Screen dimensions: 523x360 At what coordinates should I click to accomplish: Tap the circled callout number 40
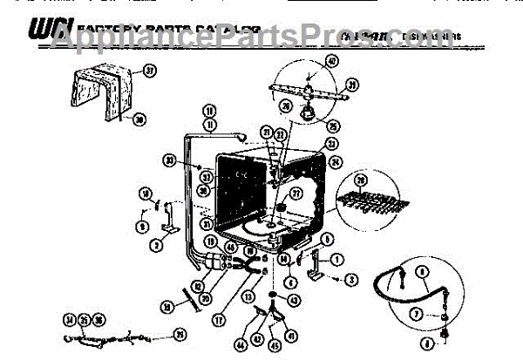pos(332,61)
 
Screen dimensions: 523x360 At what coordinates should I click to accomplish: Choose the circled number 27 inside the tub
pos(295,194)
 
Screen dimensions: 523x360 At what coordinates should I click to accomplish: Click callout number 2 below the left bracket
pos(154,246)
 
